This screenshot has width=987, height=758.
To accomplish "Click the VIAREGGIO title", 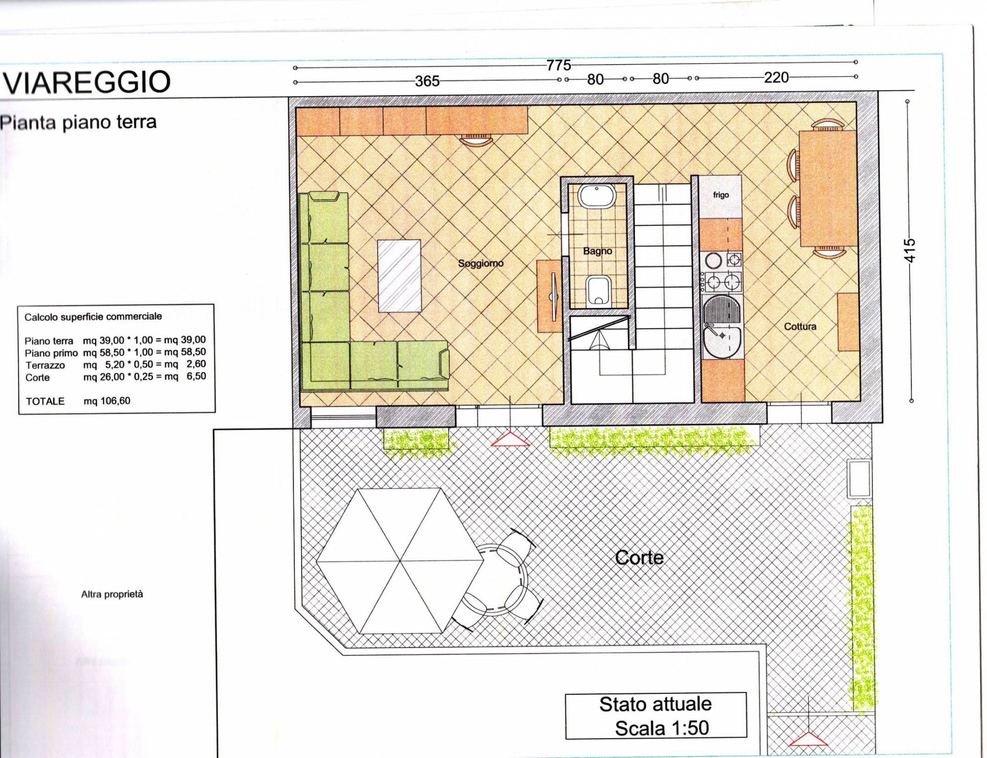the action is pyautogui.click(x=87, y=82).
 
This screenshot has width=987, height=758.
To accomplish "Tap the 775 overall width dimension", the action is pyautogui.click(x=558, y=65).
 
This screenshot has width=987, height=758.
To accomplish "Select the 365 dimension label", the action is pyautogui.click(x=427, y=81).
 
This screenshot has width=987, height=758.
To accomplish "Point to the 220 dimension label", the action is pyautogui.click(x=776, y=77).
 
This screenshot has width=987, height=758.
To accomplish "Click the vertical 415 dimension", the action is pyautogui.click(x=910, y=251).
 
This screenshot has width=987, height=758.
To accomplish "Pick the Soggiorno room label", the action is pyautogui.click(x=480, y=264).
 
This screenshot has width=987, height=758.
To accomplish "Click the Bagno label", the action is pyautogui.click(x=597, y=251).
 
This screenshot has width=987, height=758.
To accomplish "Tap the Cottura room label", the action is pyautogui.click(x=800, y=326).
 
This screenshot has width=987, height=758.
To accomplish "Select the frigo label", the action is pyautogui.click(x=721, y=195).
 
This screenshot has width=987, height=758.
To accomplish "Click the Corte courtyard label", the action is pyautogui.click(x=639, y=558).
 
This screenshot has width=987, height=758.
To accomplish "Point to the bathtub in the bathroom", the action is pyautogui.click(x=597, y=196).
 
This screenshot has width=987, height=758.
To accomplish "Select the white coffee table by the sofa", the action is pyautogui.click(x=399, y=276).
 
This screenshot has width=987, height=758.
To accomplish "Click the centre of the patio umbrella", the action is pyautogui.click(x=399, y=561).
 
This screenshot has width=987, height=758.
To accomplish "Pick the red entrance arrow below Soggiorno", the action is pyautogui.click(x=510, y=440).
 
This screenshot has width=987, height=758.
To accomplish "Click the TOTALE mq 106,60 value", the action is pyautogui.click(x=107, y=401).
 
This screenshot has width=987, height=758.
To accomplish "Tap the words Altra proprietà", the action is pyautogui.click(x=112, y=594).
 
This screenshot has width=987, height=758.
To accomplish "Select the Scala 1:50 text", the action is pyautogui.click(x=662, y=728).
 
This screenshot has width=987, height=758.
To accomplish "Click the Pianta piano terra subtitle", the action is pyautogui.click(x=78, y=122).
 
